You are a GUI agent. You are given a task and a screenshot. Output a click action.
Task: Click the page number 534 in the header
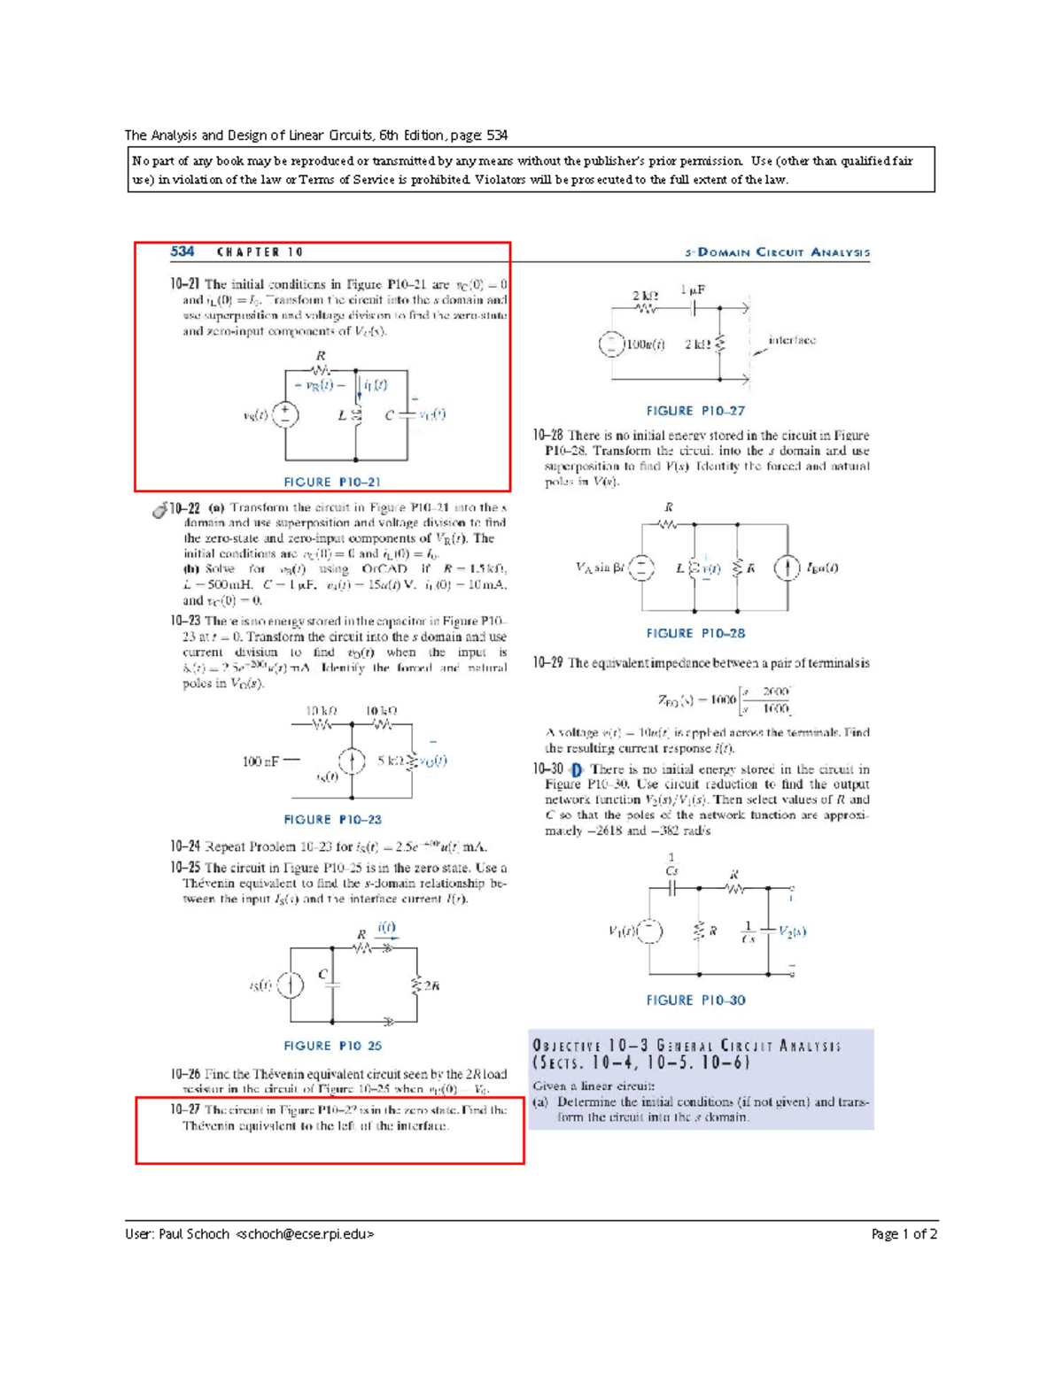182,251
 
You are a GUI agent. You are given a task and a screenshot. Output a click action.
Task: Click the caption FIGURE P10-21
332,482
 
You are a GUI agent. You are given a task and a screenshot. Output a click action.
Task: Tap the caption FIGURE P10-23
332,819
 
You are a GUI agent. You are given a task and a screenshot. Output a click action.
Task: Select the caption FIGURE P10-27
695,411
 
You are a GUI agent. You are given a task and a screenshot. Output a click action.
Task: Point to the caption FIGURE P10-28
695,633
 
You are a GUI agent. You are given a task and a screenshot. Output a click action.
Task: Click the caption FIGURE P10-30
695,1000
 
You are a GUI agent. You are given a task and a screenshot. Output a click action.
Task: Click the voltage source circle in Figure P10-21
285,413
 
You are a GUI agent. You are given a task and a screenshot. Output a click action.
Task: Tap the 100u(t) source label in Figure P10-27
646,344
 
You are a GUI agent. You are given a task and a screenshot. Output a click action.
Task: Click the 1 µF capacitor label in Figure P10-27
693,290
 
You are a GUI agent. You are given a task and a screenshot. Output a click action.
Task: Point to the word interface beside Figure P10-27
792,340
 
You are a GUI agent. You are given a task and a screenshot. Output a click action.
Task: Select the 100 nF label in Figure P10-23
260,761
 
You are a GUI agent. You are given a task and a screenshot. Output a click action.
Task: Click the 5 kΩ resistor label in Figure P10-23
392,760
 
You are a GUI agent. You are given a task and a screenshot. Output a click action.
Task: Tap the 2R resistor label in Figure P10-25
431,985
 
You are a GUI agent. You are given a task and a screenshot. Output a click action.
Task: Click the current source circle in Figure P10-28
788,568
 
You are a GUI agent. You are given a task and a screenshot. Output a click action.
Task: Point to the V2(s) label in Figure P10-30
793,931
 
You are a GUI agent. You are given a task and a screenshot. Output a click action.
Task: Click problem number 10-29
547,662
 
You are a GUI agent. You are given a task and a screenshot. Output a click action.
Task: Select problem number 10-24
185,846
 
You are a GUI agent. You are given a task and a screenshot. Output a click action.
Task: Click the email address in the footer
305,1233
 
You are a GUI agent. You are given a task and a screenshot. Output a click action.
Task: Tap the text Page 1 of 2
904,1233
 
